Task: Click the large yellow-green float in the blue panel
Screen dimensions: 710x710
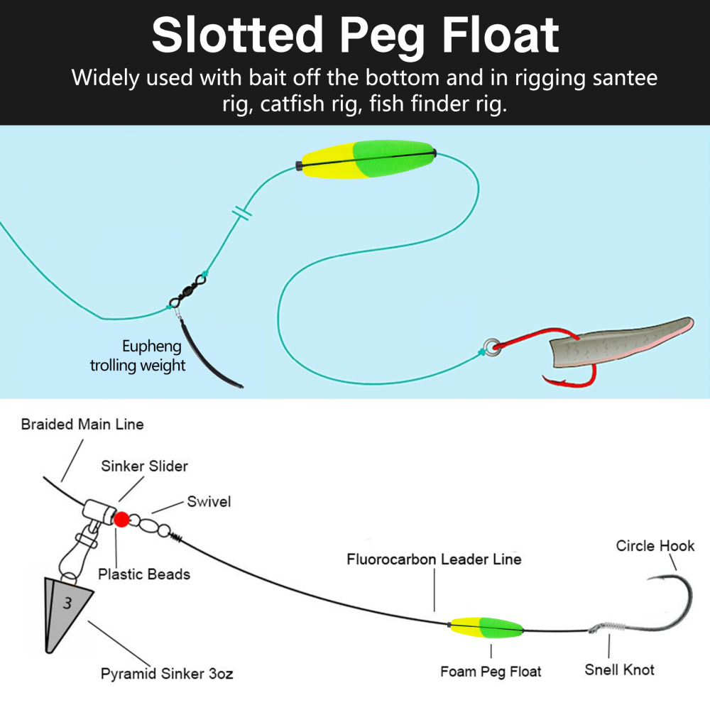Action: click(x=366, y=160)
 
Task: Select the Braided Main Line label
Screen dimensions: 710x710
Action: click(x=82, y=425)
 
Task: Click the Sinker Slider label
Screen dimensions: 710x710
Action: click(x=144, y=466)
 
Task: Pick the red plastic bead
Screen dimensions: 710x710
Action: click(x=121, y=520)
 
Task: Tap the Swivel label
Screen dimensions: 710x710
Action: click(x=209, y=502)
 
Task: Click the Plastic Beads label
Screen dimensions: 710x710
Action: click(x=144, y=574)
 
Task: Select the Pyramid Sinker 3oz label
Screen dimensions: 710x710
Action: click(x=166, y=673)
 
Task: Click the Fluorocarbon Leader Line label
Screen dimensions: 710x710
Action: click(x=434, y=559)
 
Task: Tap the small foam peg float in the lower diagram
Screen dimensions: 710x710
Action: click(x=486, y=627)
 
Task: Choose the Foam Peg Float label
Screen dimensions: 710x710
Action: click(x=491, y=671)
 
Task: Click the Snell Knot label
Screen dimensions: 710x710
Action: click(x=619, y=669)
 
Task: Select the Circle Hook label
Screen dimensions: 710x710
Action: click(x=655, y=545)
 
